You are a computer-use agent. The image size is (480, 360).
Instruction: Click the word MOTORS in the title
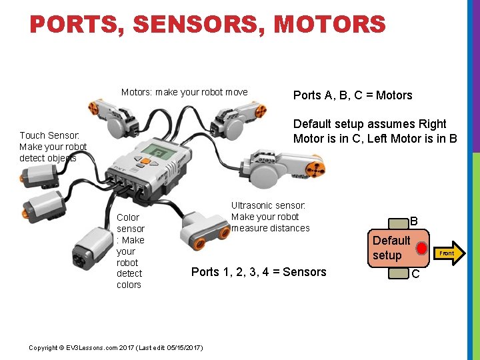pos(329,25)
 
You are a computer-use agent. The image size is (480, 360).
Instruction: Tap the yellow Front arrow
pos(447,253)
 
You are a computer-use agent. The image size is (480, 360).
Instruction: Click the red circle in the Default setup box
pos(421,249)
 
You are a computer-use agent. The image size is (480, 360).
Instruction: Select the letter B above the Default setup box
pos(413,221)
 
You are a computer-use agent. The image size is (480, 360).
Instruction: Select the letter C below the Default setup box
pos(415,274)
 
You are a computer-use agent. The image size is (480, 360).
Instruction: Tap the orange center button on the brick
pos(144,161)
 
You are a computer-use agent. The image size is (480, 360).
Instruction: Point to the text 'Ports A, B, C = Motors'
pos(353,95)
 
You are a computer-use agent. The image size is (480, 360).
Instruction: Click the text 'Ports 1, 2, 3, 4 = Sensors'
pos(259,272)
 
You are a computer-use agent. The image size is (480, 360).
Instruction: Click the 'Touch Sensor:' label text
pos(49,135)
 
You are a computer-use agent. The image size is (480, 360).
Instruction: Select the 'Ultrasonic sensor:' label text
pos(268,206)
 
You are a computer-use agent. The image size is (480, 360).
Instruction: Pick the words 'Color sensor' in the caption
pos(129,223)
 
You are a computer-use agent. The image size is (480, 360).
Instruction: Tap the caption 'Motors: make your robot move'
pos(184,92)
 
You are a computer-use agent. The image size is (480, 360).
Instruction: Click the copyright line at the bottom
pos(117,348)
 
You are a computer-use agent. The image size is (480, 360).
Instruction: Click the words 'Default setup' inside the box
pos(391,248)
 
